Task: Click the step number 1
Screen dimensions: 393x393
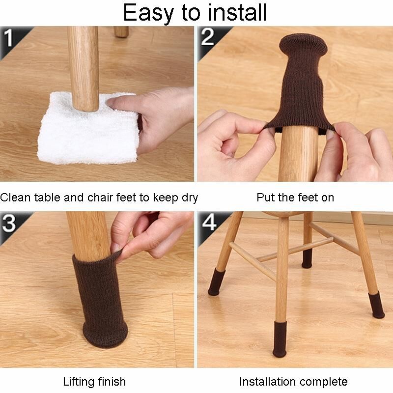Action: tap(8, 38)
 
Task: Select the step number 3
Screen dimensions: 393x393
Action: tap(9, 223)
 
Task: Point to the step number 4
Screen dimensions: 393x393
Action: tap(209, 222)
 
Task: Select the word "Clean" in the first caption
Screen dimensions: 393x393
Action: tap(15, 197)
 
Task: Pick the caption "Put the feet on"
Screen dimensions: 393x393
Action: tap(295, 197)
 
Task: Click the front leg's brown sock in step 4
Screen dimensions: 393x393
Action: tap(280, 338)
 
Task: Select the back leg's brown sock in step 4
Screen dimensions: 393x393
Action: tap(307, 258)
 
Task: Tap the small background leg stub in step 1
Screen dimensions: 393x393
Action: tap(121, 31)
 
